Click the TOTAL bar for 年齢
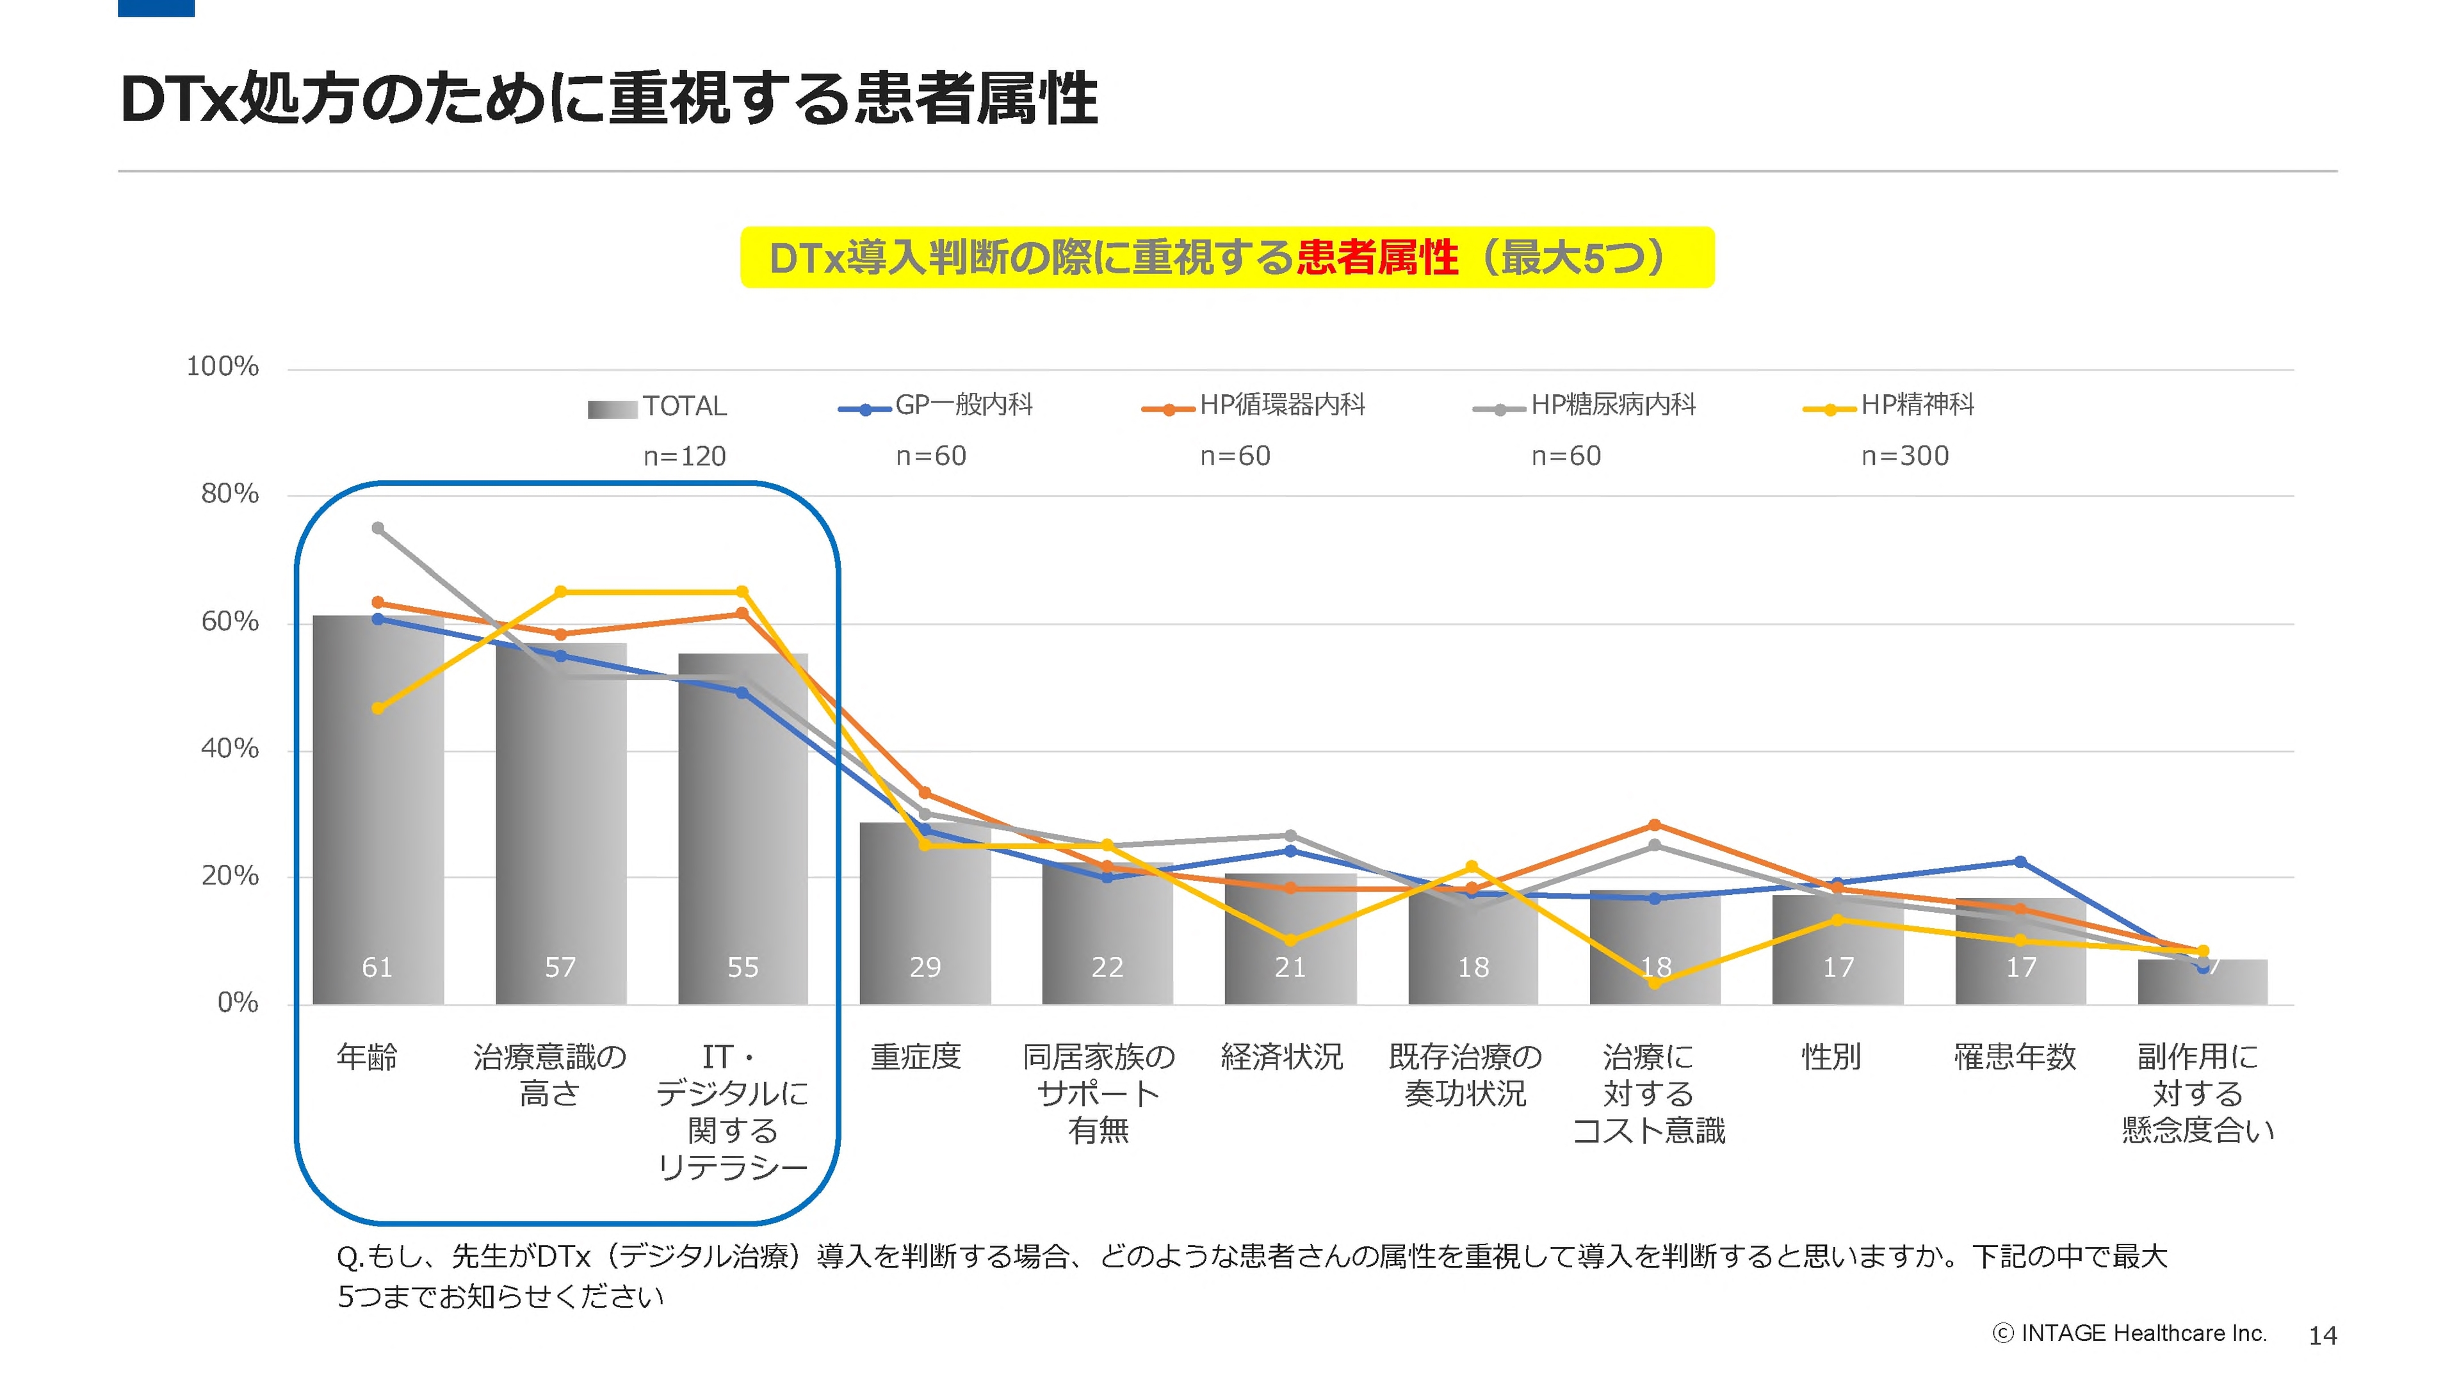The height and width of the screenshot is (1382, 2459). (378, 811)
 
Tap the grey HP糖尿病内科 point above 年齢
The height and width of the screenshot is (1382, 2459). (378, 528)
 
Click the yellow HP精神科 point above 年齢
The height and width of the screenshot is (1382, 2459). (378, 708)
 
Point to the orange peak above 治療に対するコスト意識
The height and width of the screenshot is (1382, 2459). (1654, 824)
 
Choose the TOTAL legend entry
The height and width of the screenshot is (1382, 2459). (683, 406)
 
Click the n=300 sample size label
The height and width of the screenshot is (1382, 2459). (1904, 456)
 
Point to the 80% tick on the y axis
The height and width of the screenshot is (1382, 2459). (229, 494)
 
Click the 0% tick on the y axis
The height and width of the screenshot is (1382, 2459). (237, 1003)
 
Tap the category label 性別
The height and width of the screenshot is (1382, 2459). (1830, 1057)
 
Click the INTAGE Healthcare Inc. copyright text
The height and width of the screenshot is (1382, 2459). (2130, 1334)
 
